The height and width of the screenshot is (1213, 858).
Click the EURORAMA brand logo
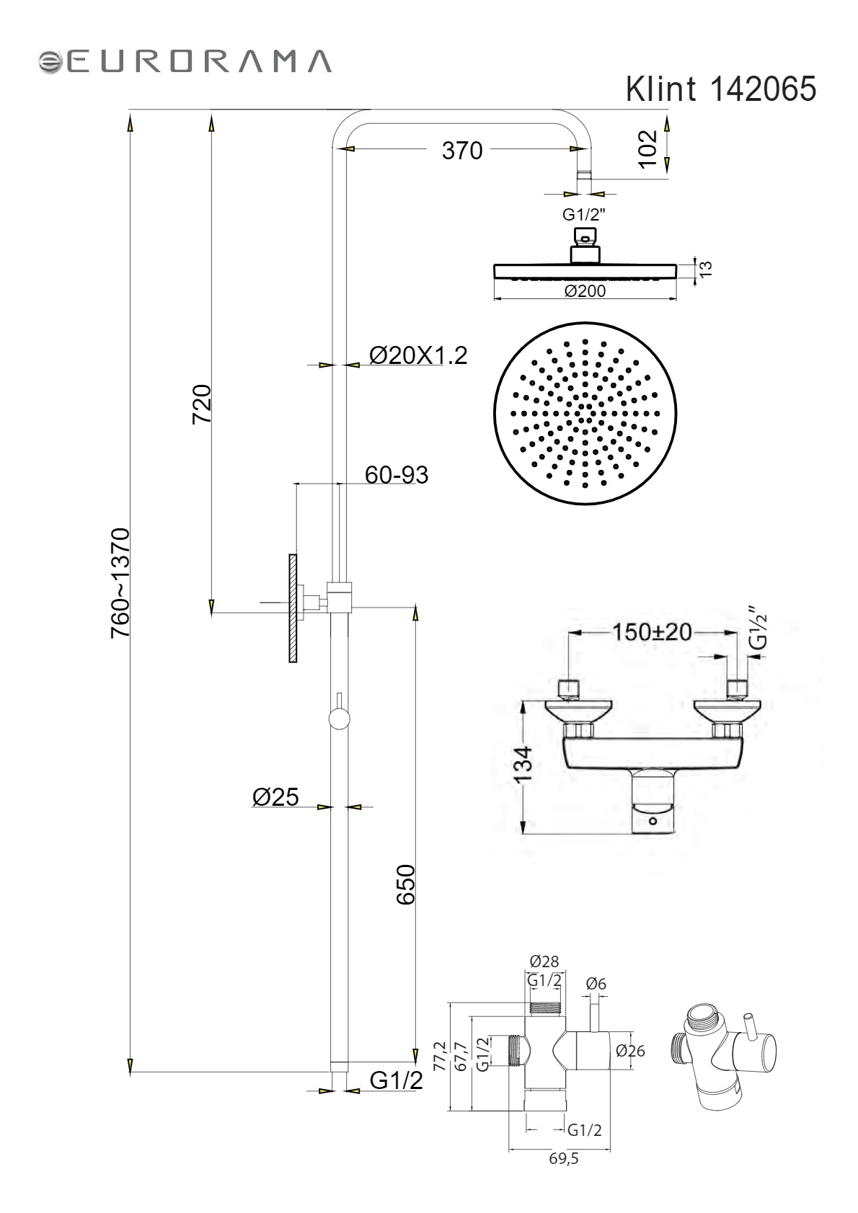[185, 61]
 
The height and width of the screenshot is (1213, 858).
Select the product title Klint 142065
[721, 89]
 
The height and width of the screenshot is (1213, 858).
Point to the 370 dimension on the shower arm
[462, 151]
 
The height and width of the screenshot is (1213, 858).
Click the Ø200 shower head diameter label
[585, 291]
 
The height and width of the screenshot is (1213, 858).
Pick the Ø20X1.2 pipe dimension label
[418, 356]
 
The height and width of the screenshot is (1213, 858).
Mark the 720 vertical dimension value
[201, 404]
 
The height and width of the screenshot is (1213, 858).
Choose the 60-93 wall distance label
[397, 475]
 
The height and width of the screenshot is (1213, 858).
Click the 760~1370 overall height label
[120, 582]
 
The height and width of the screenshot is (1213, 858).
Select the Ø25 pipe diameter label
[275, 796]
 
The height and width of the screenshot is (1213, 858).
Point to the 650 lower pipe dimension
[406, 884]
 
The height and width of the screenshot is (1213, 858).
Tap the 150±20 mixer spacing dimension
[652, 632]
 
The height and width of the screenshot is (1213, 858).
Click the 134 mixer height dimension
[523, 764]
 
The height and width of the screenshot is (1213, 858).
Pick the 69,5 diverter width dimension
[564, 1158]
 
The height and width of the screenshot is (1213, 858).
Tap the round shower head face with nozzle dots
[585, 414]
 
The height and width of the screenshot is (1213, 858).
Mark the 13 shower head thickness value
[707, 269]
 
